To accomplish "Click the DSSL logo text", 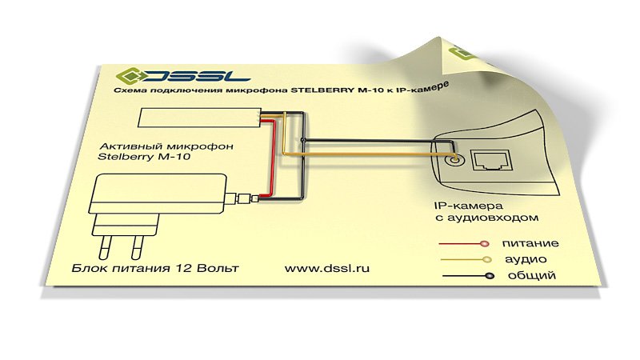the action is pyautogui.click(x=198, y=76).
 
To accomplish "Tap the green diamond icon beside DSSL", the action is pyautogui.click(x=129, y=75).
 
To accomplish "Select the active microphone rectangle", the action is pyautogui.click(x=200, y=118).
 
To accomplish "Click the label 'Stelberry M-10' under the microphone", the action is pyautogui.click(x=144, y=156).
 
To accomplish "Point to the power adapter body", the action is pyautogui.click(x=158, y=194).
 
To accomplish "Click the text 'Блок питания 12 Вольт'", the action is pyautogui.click(x=155, y=268).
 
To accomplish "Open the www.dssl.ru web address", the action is pyautogui.click(x=327, y=268).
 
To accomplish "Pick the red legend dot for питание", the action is pyautogui.click(x=485, y=244).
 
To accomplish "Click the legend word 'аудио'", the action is pyautogui.click(x=526, y=259).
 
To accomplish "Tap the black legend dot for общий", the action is pyautogui.click(x=490, y=276).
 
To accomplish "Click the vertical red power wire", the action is pyautogui.click(x=273, y=159).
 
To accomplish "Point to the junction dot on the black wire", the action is pyautogui.click(x=302, y=141).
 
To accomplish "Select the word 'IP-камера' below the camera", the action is pyautogui.click(x=468, y=206).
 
